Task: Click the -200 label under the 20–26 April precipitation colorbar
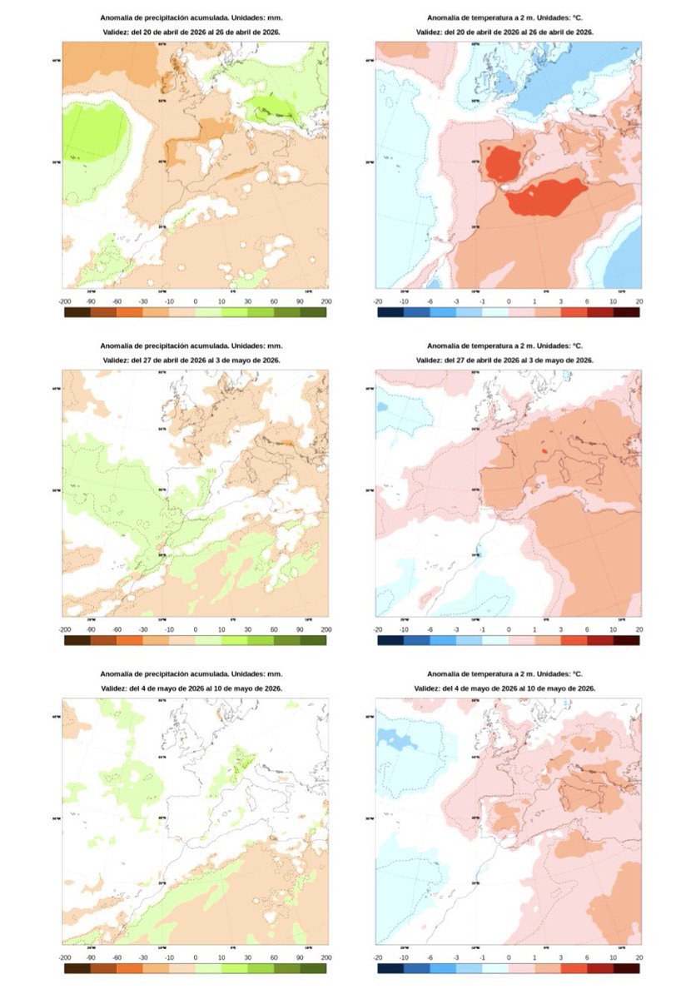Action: click(x=63, y=302)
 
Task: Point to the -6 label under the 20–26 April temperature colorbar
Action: click(x=430, y=302)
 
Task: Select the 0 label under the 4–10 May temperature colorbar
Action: click(x=508, y=957)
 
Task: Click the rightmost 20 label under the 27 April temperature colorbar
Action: click(x=639, y=629)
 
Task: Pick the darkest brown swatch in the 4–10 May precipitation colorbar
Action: click(x=76, y=967)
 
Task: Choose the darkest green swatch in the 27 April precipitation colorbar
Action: click(x=314, y=639)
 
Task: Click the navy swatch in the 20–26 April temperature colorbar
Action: click(x=390, y=312)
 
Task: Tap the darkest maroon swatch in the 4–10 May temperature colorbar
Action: click(x=626, y=967)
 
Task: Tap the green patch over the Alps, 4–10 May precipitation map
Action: click(x=242, y=758)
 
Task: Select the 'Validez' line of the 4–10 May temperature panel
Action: click(x=509, y=688)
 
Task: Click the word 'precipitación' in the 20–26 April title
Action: click(x=166, y=17)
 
